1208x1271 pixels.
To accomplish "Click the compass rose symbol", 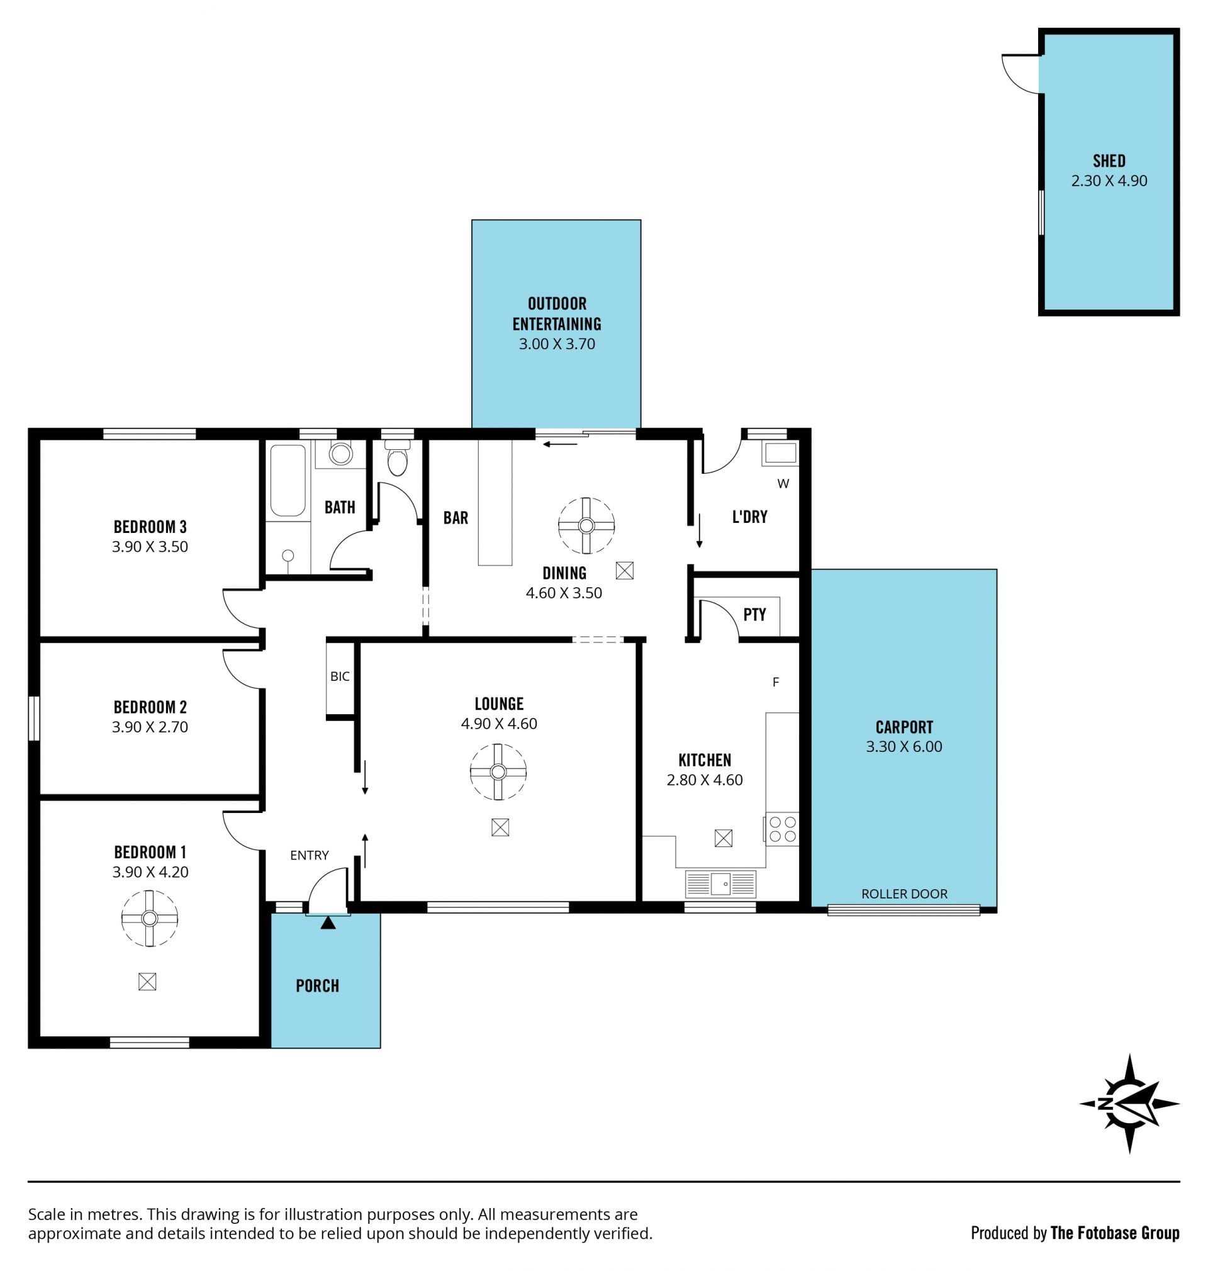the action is tap(1129, 1103).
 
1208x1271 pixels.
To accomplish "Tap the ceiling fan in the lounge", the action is tap(498, 771).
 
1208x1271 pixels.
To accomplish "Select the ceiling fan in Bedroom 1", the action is tap(149, 918).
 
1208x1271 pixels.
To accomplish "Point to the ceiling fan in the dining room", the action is tap(586, 525).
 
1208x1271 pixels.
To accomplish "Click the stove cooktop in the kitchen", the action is tap(781, 829).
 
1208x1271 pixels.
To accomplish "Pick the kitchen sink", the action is tap(720, 883).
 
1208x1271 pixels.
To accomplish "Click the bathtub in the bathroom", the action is tap(288, 480).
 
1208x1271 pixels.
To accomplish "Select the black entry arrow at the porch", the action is tap(328, 922).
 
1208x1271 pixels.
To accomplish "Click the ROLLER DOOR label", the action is tap(904, 893).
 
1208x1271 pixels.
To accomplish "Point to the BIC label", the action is tap(340, 676).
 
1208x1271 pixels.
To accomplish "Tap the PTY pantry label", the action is tap(754, 614).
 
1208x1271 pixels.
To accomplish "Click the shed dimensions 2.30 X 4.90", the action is tap(1109, 181).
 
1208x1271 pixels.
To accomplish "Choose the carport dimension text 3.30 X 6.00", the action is tap(904, 746).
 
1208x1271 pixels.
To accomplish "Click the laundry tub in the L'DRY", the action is tap(779, 452).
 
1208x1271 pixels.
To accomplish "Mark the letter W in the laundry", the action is tap(783, 484).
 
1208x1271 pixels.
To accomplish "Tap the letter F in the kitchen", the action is tap(776, 682).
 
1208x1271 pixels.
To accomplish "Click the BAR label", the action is tap(456, 518).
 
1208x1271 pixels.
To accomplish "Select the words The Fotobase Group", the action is tap(1116, 1233).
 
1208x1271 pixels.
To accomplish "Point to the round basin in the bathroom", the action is tap(340, 453).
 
